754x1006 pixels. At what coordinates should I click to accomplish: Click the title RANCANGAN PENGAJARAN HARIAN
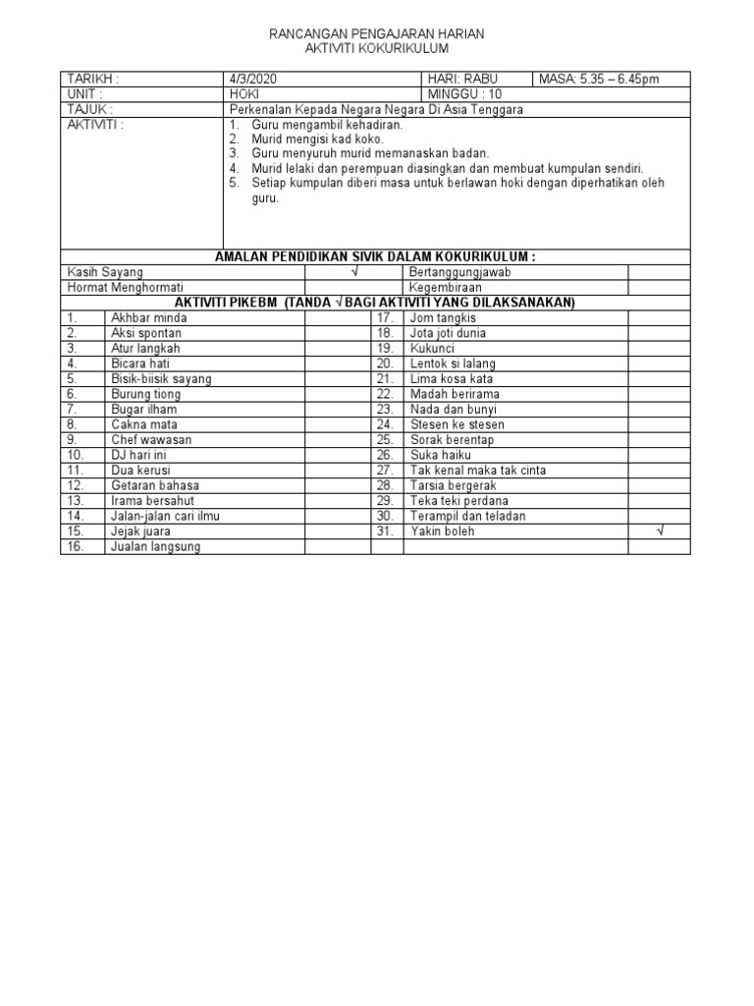377,34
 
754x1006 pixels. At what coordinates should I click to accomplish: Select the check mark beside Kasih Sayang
352,272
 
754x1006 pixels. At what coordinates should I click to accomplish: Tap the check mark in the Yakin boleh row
660,531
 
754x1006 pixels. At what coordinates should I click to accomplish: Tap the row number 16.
76,546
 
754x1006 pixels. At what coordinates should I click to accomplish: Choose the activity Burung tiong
146,394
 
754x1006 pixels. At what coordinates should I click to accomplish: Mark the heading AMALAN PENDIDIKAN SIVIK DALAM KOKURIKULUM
376,256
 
